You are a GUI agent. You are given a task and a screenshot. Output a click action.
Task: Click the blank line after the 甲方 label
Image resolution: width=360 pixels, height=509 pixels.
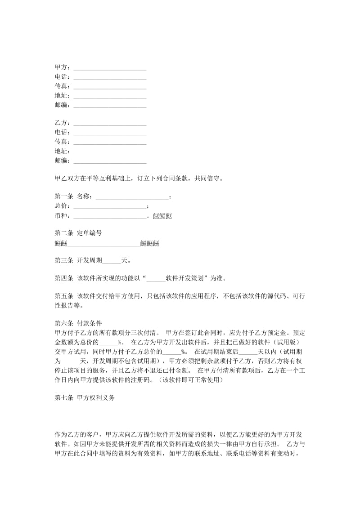point(110,68)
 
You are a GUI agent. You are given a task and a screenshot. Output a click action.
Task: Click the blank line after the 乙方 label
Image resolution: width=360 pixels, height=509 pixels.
point(110,123)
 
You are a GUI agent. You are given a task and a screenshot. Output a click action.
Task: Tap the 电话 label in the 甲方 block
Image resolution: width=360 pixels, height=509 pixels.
point(62,77)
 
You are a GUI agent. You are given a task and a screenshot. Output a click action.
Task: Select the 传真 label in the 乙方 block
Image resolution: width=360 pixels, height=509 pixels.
point(62,142)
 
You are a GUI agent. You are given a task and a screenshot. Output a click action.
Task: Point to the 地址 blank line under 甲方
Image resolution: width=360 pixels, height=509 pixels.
point(110,96)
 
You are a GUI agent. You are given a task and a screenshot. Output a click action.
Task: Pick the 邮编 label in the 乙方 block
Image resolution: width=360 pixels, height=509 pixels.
point(62,161)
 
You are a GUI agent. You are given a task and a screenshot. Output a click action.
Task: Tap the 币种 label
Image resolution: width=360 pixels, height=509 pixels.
point(62,216)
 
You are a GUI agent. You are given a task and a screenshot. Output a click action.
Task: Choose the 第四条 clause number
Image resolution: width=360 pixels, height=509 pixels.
point(64,278)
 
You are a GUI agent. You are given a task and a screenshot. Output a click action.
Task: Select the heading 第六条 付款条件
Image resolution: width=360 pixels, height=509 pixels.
point(78,323)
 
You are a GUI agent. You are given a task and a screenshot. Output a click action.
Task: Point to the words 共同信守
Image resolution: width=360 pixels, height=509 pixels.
point(208,178)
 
